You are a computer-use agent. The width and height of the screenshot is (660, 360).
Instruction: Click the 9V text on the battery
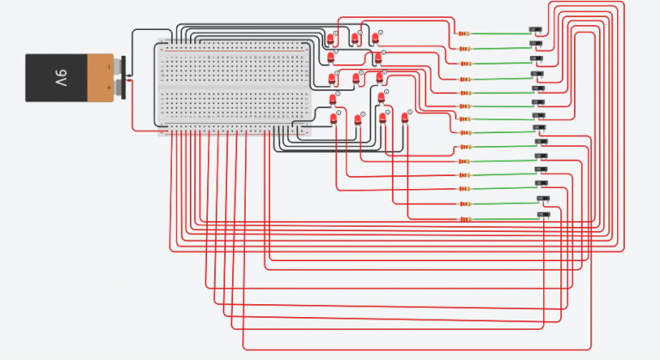tap(61, 78)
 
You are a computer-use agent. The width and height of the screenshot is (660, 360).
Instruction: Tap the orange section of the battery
tap(102, 78)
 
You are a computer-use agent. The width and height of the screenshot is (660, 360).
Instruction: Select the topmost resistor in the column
tap(464, 34)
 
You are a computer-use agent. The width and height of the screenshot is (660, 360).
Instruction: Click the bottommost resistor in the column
tap(464, 219)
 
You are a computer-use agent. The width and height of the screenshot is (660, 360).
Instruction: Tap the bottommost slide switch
tap(543, 214)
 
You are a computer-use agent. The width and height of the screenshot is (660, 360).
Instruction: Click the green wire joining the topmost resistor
tap(498, 34)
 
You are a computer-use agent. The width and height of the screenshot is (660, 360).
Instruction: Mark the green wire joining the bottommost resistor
tap(503, 219)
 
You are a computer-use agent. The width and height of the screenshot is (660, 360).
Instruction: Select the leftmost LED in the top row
tap(331, 40)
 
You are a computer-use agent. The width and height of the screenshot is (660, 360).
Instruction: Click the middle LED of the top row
tap(355, 39)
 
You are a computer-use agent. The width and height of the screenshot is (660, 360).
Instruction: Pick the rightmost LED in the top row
tap(376, 39)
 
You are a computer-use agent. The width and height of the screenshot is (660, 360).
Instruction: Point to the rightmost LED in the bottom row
tap(405, 118)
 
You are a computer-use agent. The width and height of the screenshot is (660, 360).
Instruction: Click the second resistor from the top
tap(464, 48)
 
